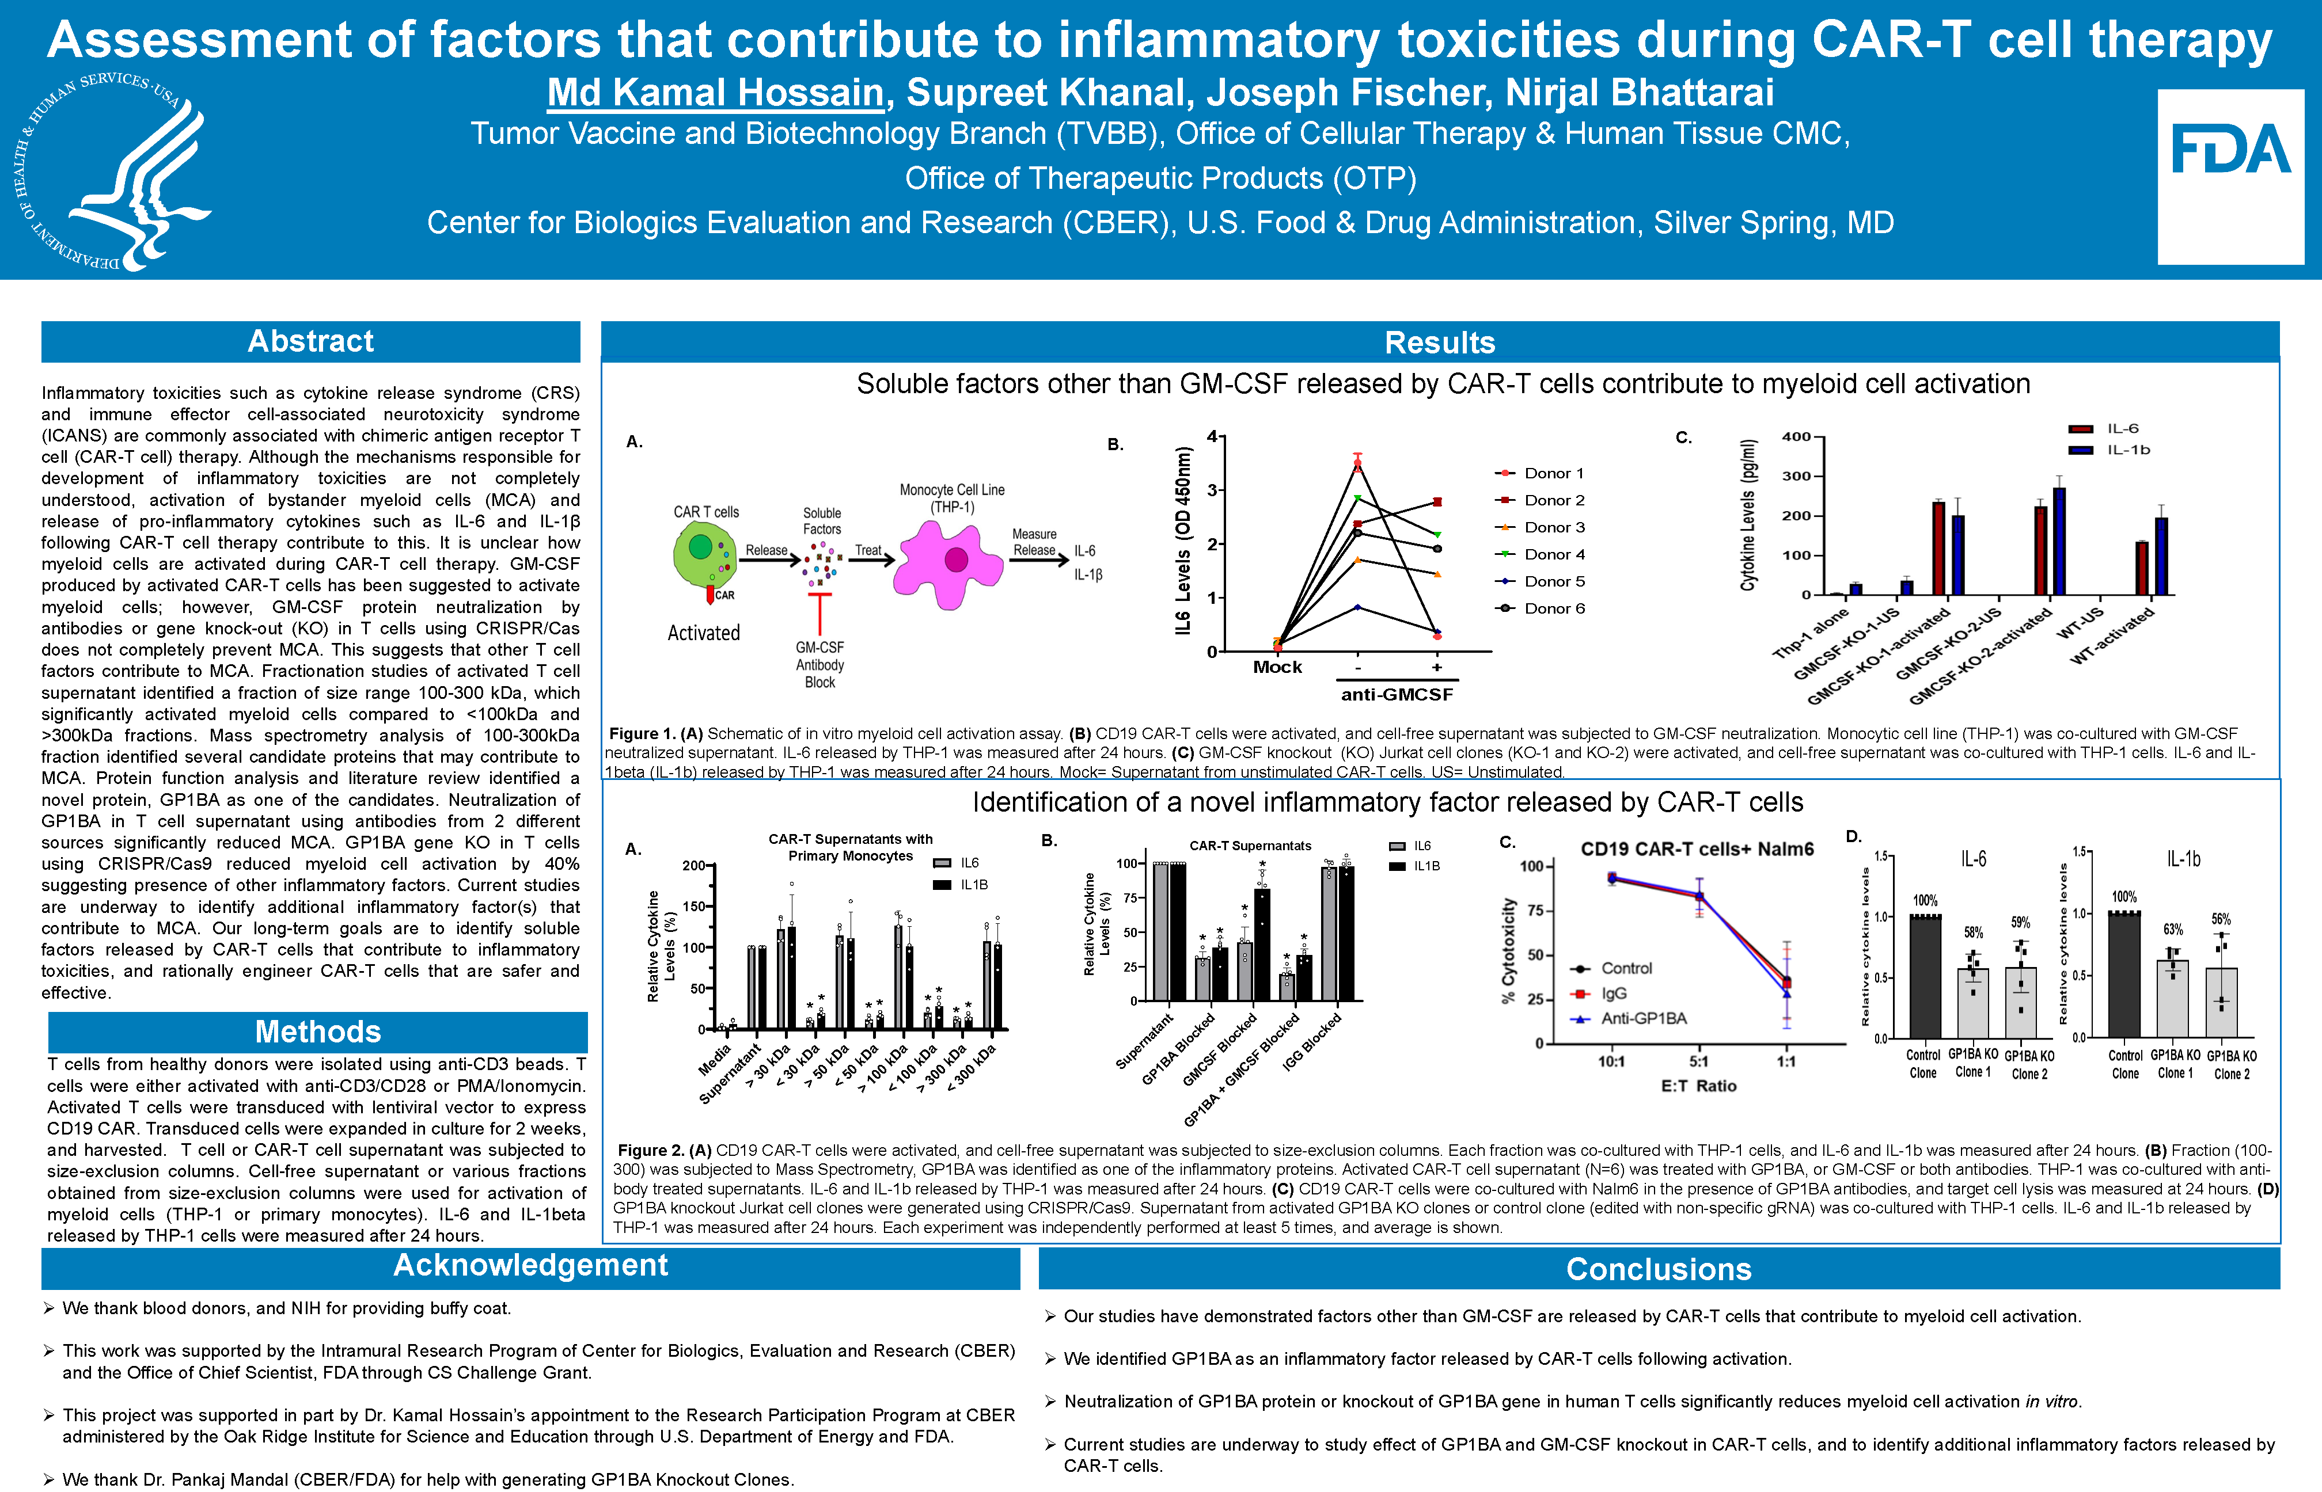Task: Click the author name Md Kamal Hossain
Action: (715, 93)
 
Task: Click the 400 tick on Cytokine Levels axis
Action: (1796, 437)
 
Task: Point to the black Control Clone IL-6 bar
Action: (1925, 977)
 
